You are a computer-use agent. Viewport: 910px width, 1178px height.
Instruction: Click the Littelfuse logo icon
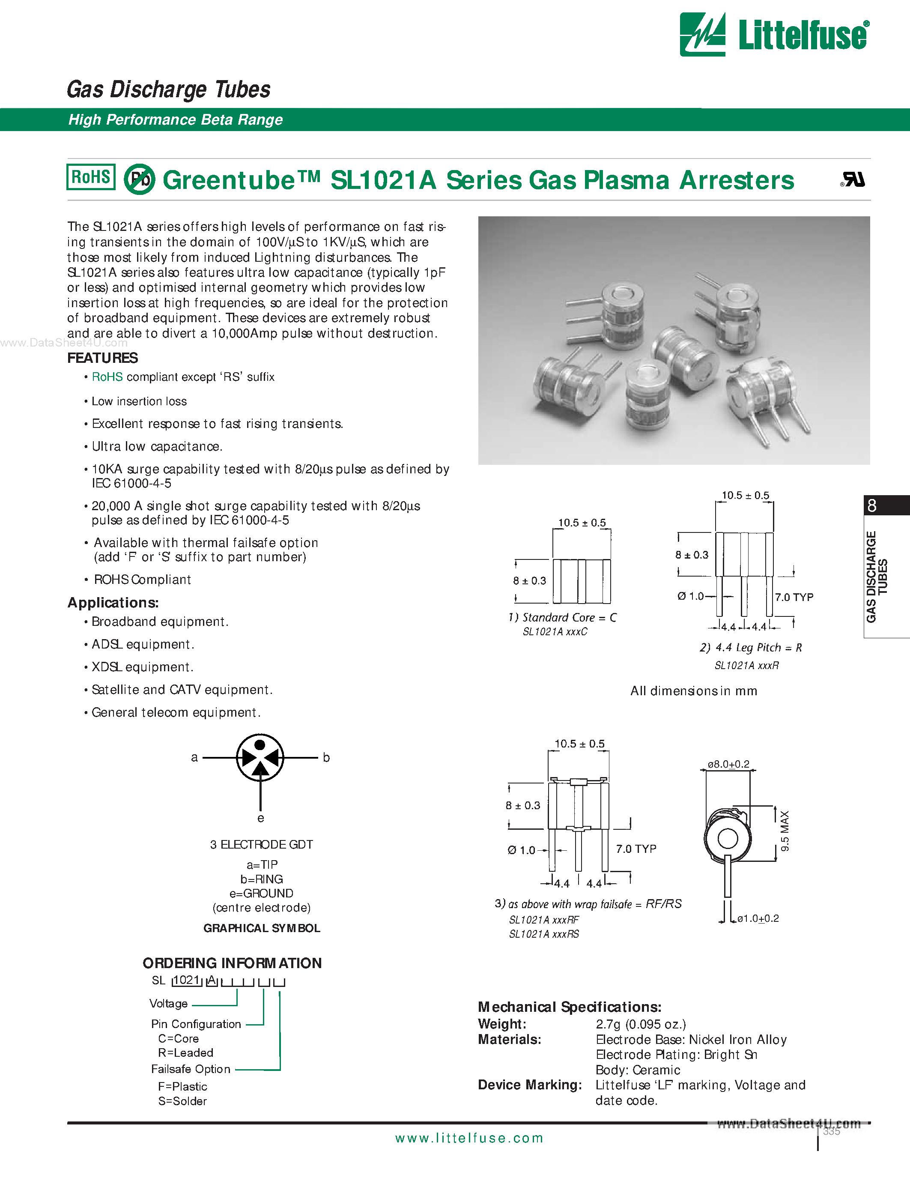(x=702, y=35)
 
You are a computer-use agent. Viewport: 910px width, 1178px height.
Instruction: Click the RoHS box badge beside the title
(x=90, y=177)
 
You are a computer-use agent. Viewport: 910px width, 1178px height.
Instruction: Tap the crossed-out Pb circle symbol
(x=140, y=179)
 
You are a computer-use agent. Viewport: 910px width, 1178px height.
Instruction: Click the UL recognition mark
(x=853, y=179)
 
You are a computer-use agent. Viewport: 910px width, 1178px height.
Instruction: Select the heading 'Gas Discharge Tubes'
(x=168, y=90)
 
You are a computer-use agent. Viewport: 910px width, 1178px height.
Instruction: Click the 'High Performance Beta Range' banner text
(x=175, y=120)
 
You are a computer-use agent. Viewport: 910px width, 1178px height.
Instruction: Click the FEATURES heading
(x=102, y=358)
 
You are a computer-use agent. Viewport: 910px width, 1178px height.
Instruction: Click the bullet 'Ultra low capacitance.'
(x=156, y=447)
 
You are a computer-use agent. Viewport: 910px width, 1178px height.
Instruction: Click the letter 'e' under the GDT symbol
(x=260, y=818)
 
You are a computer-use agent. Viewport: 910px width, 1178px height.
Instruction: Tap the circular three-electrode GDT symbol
(x=260, y=757)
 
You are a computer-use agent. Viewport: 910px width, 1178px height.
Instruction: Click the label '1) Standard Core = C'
(x=562, y=618)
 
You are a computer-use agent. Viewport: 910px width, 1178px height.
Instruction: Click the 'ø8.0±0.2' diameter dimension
(x=728, y=764)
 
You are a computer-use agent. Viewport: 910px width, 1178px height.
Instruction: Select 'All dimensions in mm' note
(x=693, y=691)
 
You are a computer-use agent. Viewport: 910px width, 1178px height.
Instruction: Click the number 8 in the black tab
(x=872, y=506)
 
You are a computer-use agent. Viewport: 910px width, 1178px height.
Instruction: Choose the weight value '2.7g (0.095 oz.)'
(x=641, y=1024)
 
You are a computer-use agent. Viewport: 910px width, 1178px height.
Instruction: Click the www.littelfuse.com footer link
(x=469, y=1138)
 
